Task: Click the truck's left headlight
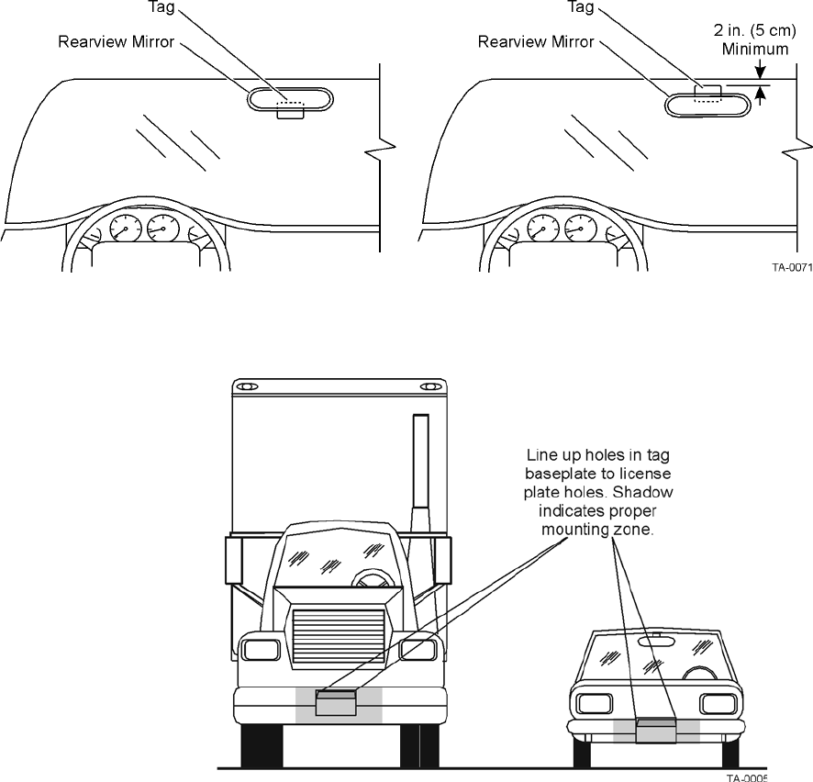(x=262, y=650)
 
